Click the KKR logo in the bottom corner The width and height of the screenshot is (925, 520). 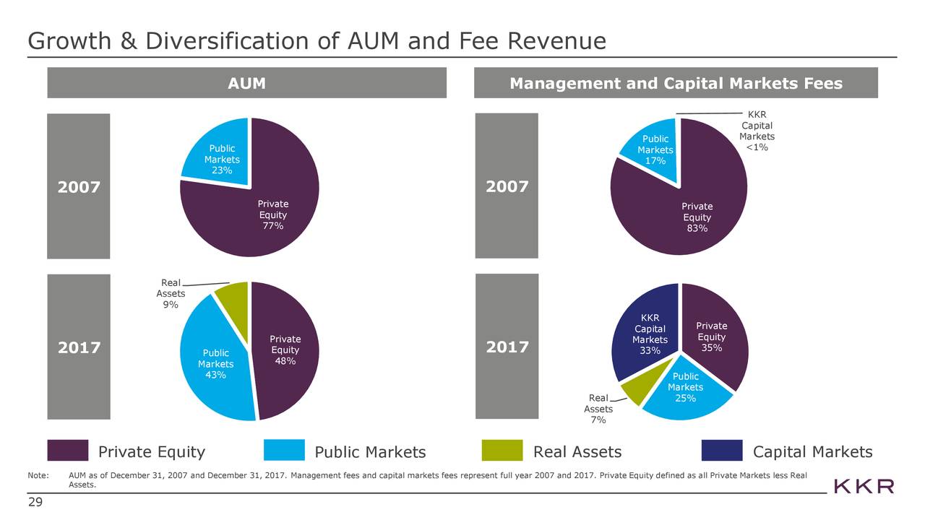pos(864,485)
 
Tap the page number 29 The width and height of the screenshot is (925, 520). pos(35,503)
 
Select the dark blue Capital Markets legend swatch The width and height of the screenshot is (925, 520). pos(721,451)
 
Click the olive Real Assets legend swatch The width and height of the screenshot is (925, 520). pos(502,451)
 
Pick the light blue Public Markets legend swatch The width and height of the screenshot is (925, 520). pos(284,451)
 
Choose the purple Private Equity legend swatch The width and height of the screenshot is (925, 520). pos(67,451)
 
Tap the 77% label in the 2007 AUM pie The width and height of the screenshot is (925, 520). pos(273,227)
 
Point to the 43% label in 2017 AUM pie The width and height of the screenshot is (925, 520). pos(215,375)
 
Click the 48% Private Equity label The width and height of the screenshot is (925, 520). pos(285,362)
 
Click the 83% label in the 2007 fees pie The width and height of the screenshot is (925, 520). pos(697,229)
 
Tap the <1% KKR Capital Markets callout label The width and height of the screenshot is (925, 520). pos(757,148)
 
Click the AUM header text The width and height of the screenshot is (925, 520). pos(246,84)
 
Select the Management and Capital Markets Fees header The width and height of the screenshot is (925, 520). pos(676,84)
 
